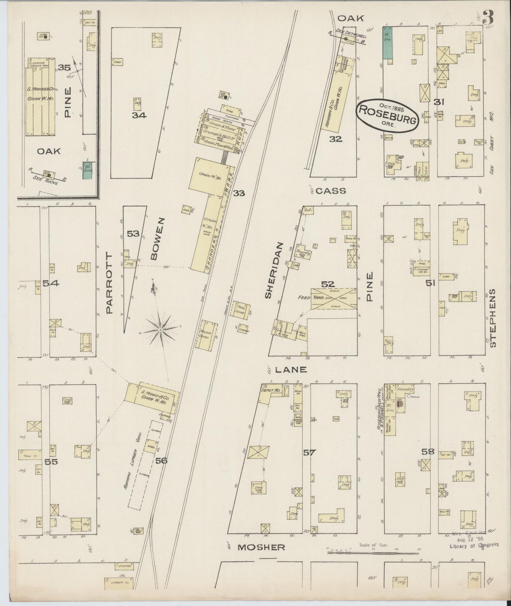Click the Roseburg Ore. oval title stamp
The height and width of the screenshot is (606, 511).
388,112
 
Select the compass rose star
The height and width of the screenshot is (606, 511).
161,330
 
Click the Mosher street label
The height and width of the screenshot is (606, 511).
261,557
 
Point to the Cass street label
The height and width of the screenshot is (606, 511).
330,191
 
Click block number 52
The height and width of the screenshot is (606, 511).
328,284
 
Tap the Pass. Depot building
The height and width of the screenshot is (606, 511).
243,310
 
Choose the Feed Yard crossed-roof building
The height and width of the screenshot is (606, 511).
333,298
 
